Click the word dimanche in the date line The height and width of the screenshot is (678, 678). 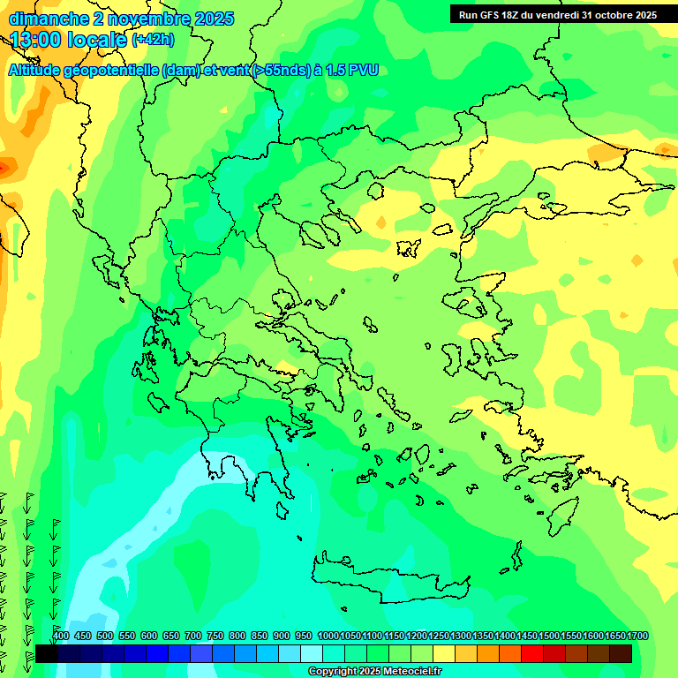(49, 19)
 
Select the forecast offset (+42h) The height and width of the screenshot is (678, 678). (153, 40)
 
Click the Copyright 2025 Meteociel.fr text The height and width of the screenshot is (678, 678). (374, 672)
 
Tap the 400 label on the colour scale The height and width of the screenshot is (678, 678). (61, 637)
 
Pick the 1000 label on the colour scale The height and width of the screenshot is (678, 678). (328, 637)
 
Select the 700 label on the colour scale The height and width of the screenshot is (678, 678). (193, 637)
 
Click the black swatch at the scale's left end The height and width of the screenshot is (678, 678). (47, 653)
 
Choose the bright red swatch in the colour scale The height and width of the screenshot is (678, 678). (532, 653)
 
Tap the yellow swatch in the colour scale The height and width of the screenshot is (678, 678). (444, 653)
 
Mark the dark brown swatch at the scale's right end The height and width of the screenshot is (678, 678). (621, 653)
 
